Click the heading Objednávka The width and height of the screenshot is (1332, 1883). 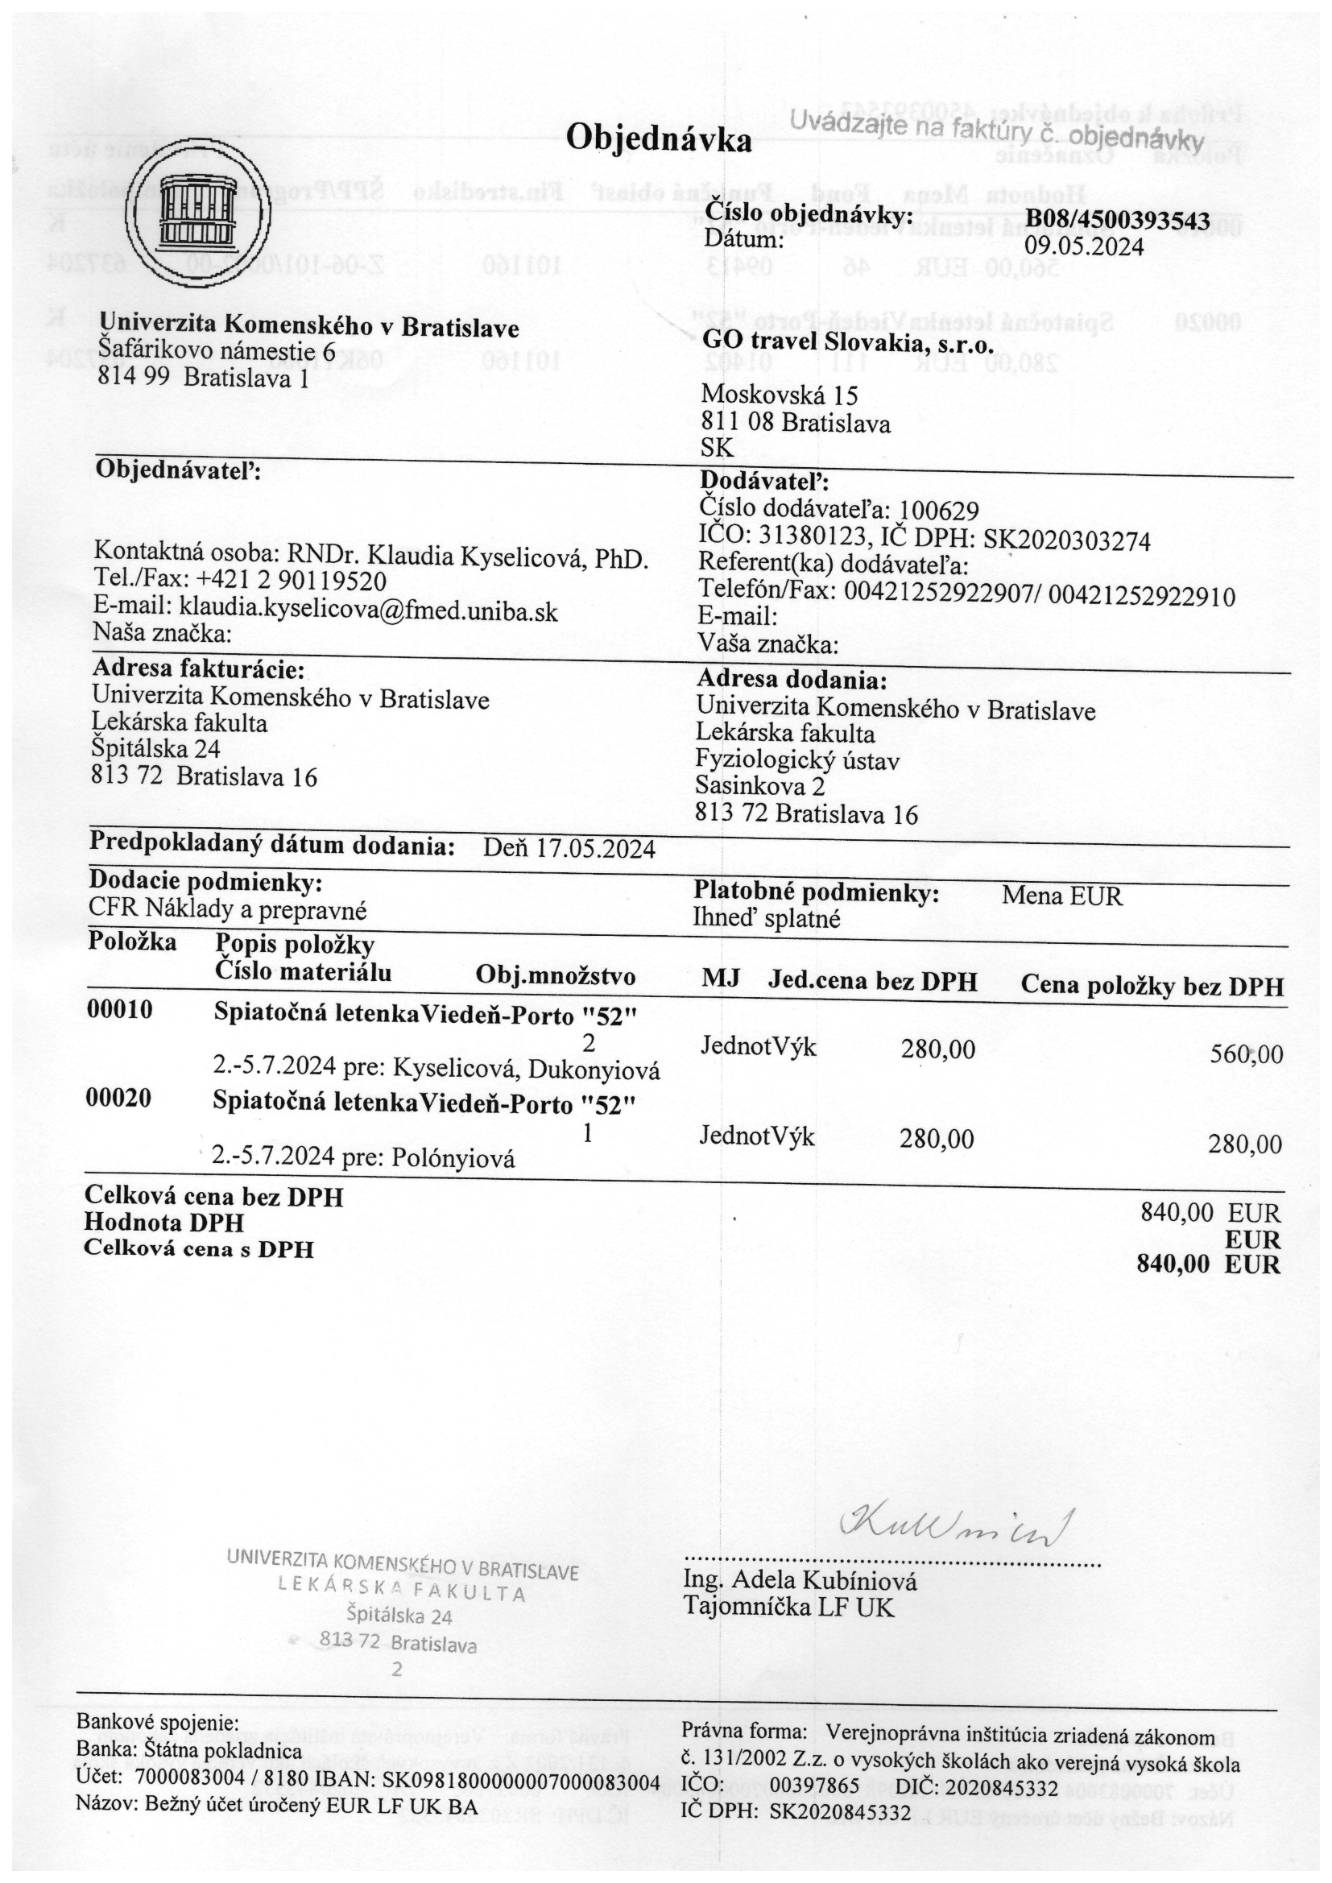[x=658, y=140]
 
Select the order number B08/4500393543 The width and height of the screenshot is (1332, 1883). [x=1118, y=221]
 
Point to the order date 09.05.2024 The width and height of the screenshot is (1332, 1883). [x=1083, y=246]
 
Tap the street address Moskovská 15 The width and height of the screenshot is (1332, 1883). [x=780, y=396]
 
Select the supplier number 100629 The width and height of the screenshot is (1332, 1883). [x=939, y=511]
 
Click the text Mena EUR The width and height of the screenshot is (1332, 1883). [x=1061, y=896]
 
